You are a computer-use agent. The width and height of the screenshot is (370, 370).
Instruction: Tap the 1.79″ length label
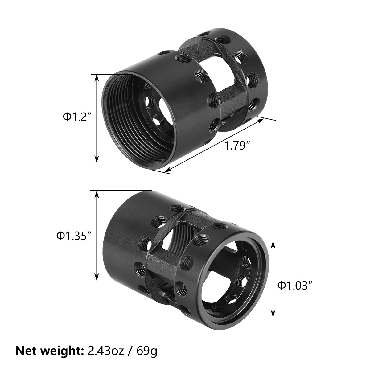(x=237, y=145)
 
